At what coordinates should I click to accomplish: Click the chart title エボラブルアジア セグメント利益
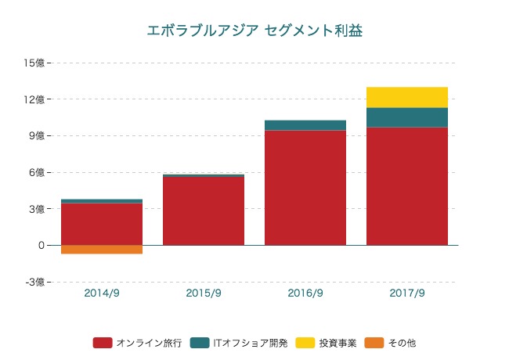[x=254, y=31]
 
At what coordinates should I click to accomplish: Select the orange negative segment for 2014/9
[x=102, y=250]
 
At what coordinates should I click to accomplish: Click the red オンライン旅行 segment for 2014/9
[x=102, y=224]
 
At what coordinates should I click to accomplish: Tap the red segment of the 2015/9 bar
[x=204, y=211]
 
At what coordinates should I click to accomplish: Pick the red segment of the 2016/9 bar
[x=305, y=188]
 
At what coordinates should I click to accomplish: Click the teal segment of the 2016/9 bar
[x=305, y=125]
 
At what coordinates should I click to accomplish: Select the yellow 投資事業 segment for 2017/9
[x=407, y=97]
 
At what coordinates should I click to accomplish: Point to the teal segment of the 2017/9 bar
[x=407, y=117]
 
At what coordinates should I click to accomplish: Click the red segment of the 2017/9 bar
[x=407, y=186]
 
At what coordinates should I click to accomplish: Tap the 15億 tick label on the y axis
[x=36, y=63]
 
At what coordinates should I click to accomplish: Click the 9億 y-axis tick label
[x=38, y=135]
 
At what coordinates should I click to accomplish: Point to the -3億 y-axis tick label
[x=36, y=282]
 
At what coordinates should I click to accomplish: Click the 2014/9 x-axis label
[x=102, y=293]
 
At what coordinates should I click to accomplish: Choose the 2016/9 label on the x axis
[x=305, y=293]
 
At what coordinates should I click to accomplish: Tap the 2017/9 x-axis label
[x=407, y=293]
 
